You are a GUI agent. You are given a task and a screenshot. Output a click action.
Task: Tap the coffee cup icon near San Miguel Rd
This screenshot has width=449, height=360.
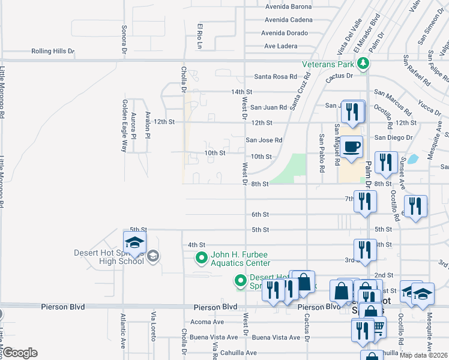click(352, 146)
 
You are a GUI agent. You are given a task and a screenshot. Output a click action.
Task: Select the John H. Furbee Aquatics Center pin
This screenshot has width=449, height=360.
click(201, 259)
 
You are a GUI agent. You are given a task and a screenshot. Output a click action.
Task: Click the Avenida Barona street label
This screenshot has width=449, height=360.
click(288, 7)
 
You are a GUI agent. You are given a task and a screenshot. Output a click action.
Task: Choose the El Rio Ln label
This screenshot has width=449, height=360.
click(201, 36)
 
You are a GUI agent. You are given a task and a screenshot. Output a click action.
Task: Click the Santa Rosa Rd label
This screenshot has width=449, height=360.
click(276, 77)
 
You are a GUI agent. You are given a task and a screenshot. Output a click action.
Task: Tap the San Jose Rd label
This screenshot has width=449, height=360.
click(264, 140)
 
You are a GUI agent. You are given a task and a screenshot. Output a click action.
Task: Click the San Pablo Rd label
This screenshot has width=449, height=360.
click(322, 153)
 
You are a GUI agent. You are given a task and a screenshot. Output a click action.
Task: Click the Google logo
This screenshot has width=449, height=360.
click(19, 353)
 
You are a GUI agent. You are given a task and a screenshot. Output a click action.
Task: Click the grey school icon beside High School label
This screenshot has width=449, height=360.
click(153, 256)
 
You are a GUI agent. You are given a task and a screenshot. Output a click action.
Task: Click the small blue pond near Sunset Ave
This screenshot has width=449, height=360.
click(412, 160)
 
